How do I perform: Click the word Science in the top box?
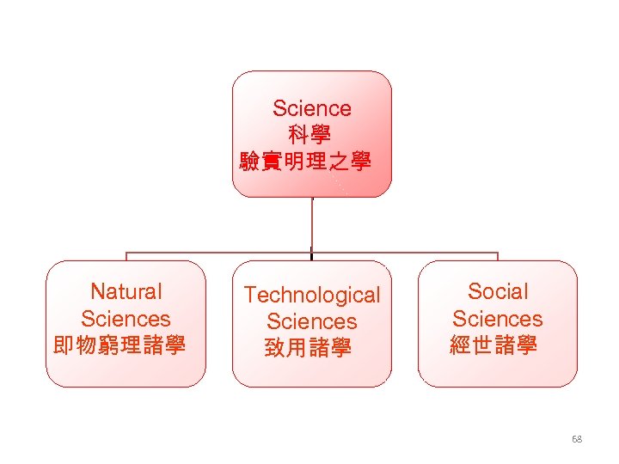[311, 108]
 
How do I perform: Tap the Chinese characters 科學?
[310, 135]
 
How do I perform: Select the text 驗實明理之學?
[305, 161]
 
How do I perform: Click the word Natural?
[126, 292]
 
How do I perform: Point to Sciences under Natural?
[126, 319]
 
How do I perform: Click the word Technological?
[311, 295]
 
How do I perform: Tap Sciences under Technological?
[311, 321]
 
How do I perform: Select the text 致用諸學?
[309, 348]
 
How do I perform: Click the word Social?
[498, 292]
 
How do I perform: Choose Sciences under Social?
[498, 319]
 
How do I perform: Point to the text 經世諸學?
[493, 345]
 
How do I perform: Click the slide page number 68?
[576, 439]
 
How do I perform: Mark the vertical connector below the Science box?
[311, 225]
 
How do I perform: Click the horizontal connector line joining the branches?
[215, 253]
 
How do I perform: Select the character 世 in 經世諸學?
[483, 345]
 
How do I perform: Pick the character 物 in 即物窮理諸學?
[85, 345]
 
